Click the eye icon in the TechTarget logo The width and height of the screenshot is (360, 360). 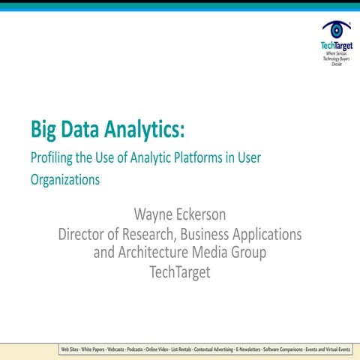pyautogui.click(x=337, y=29)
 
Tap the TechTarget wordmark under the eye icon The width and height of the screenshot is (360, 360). pyautogui.click(x=336, y=46)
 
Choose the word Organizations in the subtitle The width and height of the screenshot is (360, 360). pyautogui.click(x=65, y=180)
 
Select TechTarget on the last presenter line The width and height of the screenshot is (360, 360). pyautogui.click(x=180, y=271)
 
